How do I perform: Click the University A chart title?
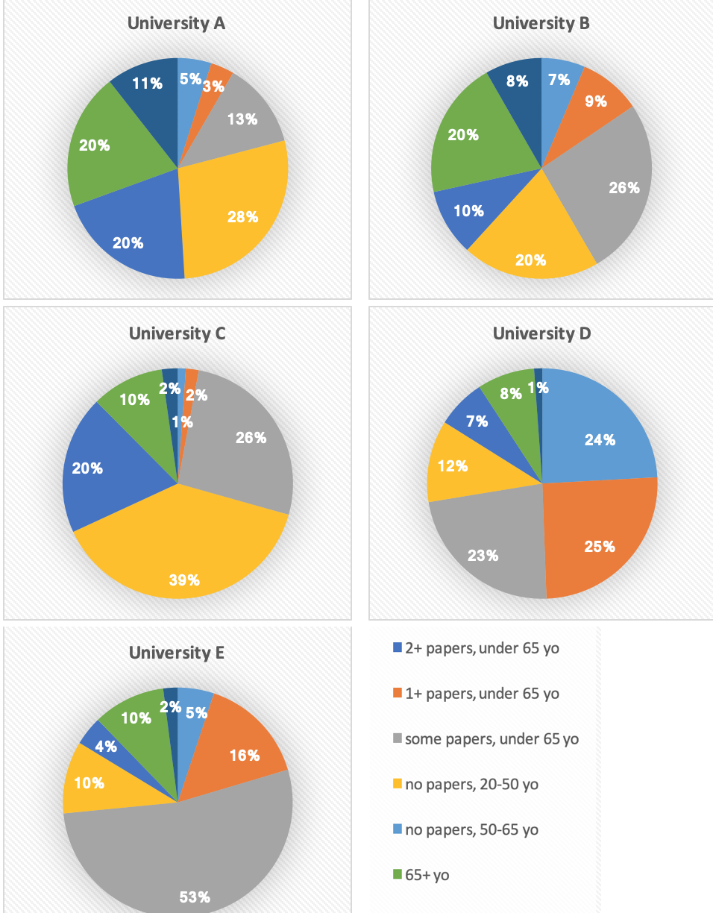click(177, 23)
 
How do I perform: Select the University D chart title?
click(541, 333)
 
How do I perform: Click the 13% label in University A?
click(242, 119)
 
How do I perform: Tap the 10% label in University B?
click(468, 211)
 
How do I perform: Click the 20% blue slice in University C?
click(104, 470)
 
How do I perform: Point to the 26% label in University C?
click(251, 438)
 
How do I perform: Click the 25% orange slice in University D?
click(597, 537)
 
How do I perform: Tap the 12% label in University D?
click(453, 466)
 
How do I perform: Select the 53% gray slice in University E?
click(186, 858)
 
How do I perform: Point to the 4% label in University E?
click(105, 746)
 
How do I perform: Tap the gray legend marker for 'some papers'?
click(398, 739)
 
